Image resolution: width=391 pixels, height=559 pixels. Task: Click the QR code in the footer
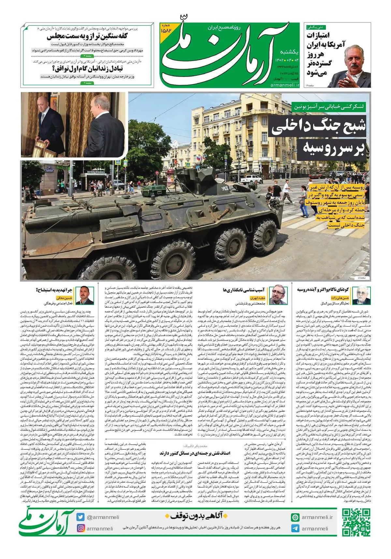356,521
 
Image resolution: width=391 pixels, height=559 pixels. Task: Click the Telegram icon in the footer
296,528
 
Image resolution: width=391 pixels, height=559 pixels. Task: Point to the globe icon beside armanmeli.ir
296,517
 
